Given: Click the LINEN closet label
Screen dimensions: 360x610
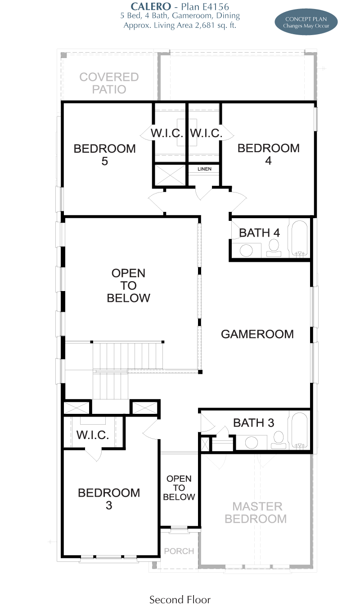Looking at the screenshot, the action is tap(204, 169).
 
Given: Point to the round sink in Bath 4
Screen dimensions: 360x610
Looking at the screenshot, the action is tap(246, 250).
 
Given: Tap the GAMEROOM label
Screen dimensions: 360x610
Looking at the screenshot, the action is tap(257, 334).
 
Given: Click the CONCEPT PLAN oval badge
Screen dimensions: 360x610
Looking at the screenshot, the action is tap(306, 22).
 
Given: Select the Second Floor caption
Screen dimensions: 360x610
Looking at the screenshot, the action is tap(180, 600).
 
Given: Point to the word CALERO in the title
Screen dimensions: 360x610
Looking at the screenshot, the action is tap(151, 6).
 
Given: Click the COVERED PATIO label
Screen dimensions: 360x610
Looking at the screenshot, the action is tap(109, 83).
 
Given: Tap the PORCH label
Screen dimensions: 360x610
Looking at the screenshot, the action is tap(179, 551).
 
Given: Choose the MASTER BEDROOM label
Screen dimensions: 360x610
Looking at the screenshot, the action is tap(256, 512).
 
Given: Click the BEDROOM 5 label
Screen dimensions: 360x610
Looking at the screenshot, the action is tap(104, 155).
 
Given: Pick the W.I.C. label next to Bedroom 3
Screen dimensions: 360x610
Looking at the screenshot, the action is tap(93, 435).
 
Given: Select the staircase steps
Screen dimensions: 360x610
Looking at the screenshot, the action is tap(128, 370).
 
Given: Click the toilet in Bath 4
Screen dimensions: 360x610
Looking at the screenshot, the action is tap(274, 248).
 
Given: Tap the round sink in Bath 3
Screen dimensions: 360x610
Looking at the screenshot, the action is tap(252, 442).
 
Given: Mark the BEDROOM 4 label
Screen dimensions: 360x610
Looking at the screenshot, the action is tap(269, 154).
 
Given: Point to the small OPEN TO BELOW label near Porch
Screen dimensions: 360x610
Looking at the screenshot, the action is tap(179, 488).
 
